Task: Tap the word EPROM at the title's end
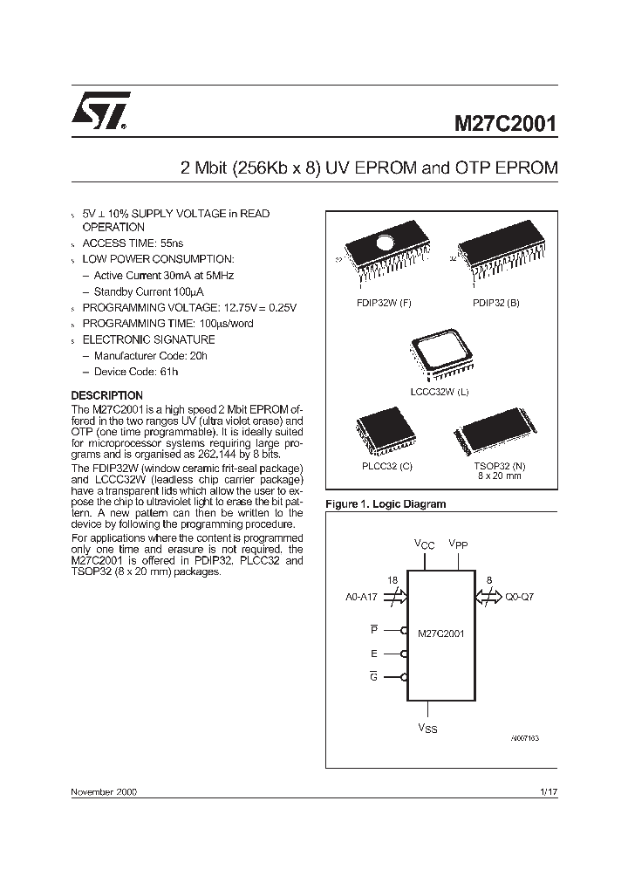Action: [x=526, y=168]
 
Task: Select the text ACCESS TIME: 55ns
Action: [x=133, y=243]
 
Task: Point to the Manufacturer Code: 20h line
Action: [x=150, y=356]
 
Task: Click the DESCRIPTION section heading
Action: [x=106, y=395]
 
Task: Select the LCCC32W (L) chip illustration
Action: [x=440, y=357]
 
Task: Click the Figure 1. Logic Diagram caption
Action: [x=385, y=504]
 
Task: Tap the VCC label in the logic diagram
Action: [x=424, y=544]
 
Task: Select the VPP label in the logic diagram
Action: [x=458, y=544]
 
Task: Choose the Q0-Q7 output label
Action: [x=520, y=599]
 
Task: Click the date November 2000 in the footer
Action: [x=103, y=791]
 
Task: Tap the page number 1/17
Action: [x=549, y=791]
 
